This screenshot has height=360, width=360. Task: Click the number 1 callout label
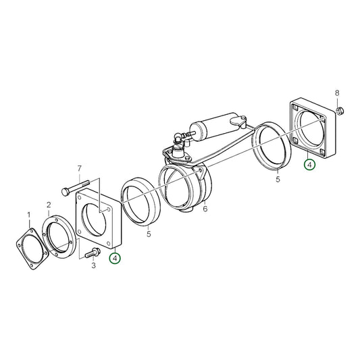[x=29, y=215]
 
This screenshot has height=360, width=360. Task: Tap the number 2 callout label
[x=49, y=205]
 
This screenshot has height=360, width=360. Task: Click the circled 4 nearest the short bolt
[x=115, y=257]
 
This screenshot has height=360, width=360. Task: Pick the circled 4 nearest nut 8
[x=309, y=163]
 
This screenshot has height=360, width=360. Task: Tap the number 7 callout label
[x=79, y=168]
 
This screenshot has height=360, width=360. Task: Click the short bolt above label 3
[x=93, y=252]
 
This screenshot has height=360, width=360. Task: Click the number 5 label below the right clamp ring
[x=277, y=180]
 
